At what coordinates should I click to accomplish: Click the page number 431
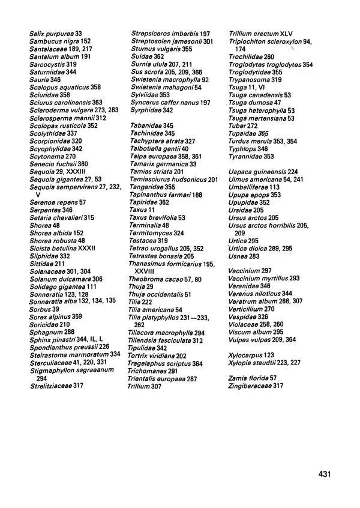(x=325, y=474)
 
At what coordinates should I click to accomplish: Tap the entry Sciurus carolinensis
(x=65, y=103)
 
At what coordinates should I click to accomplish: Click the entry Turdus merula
(x=263, y=141)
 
